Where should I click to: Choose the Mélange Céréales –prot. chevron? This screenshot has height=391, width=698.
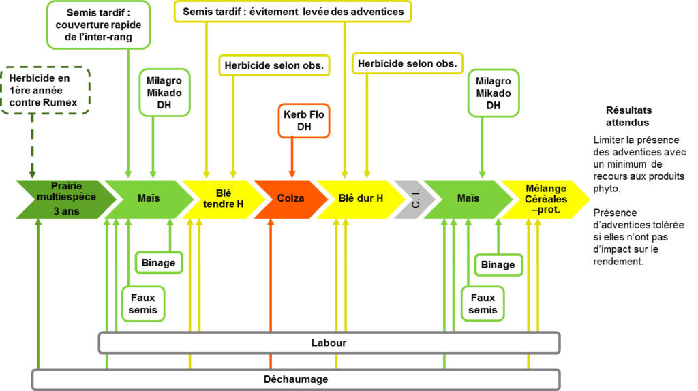(x=544, y=198)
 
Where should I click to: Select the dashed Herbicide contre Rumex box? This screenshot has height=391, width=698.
(x=46, y=90)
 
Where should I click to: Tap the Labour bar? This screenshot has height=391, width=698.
(x=329, y=343)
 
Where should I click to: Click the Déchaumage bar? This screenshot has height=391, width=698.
(x=296, y=379)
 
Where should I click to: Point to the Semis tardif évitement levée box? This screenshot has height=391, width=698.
(x=293, y=12)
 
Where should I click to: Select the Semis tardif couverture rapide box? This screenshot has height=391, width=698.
(x=100, y=25)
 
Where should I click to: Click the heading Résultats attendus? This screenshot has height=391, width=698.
(x=627, y=116)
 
